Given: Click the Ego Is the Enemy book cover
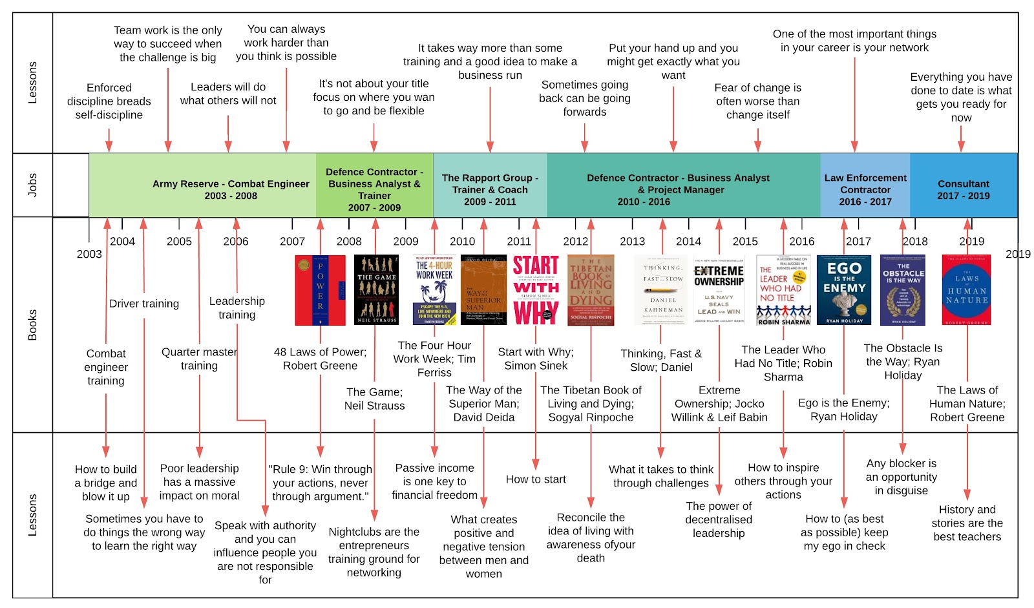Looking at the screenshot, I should [843, 289].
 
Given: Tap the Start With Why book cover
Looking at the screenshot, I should [536, 289].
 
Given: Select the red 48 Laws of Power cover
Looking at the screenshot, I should [320, 290].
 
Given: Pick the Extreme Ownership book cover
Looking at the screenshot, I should [719, 290].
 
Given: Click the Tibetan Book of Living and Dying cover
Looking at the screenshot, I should [591, 290].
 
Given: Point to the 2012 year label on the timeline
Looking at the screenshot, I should [575, 242].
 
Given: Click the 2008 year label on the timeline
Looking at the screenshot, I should [349, 242].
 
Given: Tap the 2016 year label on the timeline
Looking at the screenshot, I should [801, 242].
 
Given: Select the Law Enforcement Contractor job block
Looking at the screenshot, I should [865, 189].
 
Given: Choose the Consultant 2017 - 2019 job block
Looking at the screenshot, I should [963, 189].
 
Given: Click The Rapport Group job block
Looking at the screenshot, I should [490, 189].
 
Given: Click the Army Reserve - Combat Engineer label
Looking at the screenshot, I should [231, 189].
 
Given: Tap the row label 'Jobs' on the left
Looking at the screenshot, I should [32, 185].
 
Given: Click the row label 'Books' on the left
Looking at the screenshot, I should [32, 325].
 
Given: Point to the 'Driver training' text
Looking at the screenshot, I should [144, 304].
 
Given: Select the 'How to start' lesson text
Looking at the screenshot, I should [536, 479].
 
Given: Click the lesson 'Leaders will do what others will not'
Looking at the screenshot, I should [228, 94].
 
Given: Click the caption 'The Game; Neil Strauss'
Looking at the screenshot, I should [374, 399].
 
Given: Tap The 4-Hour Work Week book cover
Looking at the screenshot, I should [434, 290].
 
